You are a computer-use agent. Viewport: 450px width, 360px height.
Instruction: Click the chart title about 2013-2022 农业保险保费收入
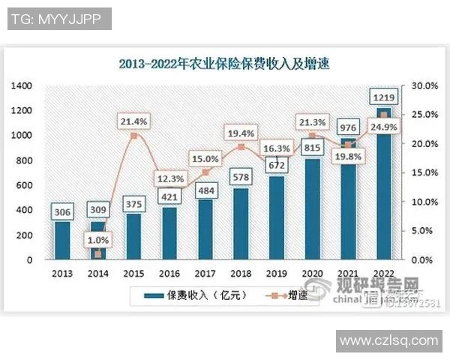[x=224, y=64]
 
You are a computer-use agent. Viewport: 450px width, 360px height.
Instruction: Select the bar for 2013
[x=62, y=240]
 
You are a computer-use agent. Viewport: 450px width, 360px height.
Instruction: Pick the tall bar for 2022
[x=384, y=187]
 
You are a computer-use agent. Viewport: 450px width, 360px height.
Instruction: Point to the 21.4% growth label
[x=133, y=120]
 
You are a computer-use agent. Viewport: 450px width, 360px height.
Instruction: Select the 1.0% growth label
[x=99, y=241]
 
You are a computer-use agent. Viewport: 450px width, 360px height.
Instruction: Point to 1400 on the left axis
[x=22, y=85]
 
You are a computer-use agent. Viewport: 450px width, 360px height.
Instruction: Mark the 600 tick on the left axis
[x=24, y=185]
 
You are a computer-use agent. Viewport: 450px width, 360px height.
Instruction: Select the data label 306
[x=62, y=212]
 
